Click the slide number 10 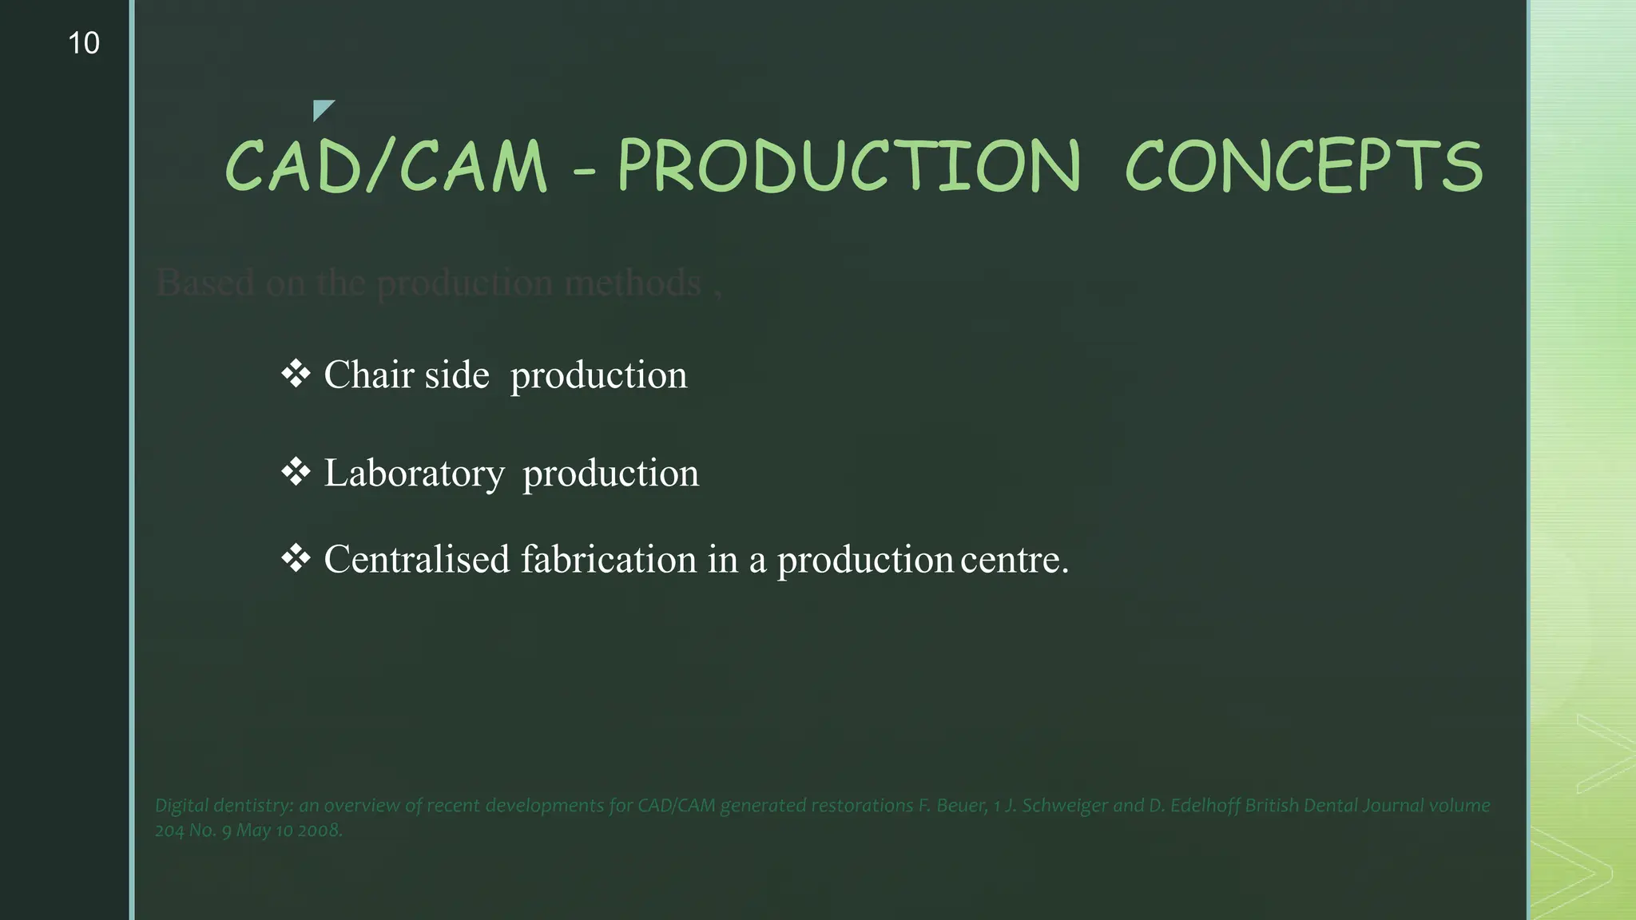pyautogui.click(x=84, y=43)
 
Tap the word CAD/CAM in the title pyautogui.click(x=386, y=166)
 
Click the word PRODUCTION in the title pyautogui.click(x=849, y=166)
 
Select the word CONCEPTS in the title pyautogui.click(x=1304, y=166)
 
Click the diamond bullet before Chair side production pyautogui.click(x=296, y=374)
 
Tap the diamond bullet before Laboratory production pyautogui.click(x=296, y=472)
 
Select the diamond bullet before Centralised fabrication pyautogui.click(x=296, y=558)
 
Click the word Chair pyautogui.click(x=368, y=375)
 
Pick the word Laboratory pyautogui.click(x=414, y=474)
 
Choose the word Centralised pyautogui.click(x=416, y=559)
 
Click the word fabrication pyautogui.click(x=609, y=559)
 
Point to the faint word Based pyautogui.click(x=205, y=283)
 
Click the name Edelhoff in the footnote pyautogui.click(x=1205, y=805)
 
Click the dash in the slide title pyautogui.click(x=584, y=171)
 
